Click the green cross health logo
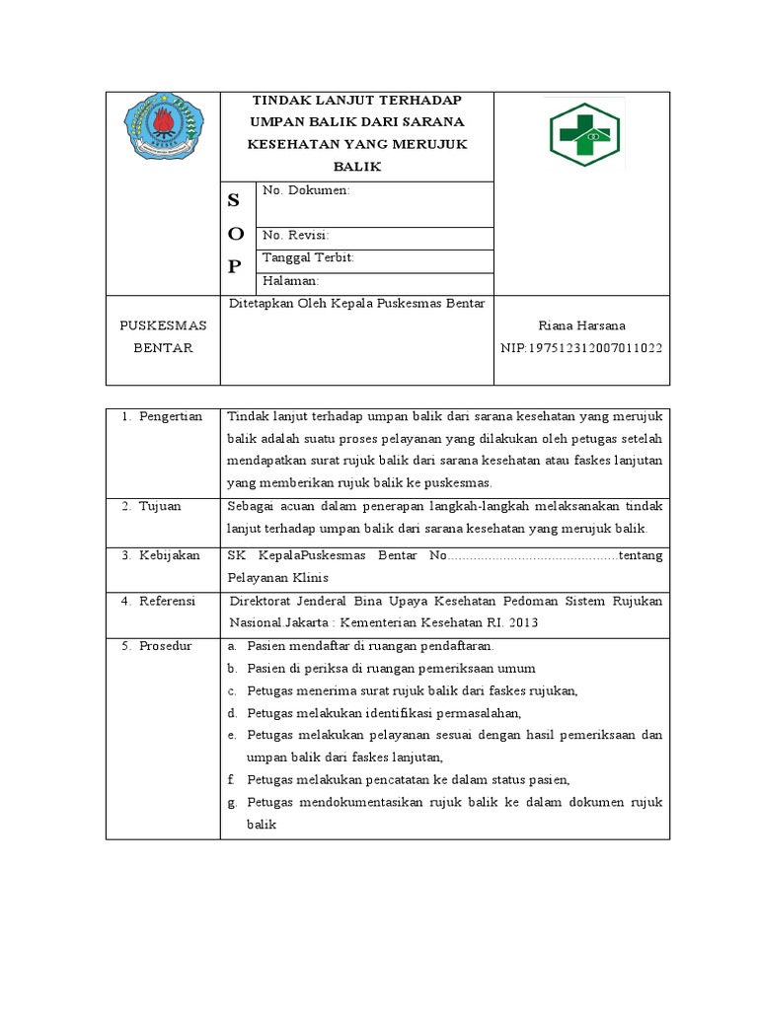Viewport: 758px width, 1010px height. [582, 134]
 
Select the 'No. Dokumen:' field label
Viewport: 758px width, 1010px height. [307, 190]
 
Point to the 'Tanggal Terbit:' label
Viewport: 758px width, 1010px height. [308, 258]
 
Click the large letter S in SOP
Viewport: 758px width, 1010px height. [234, 201]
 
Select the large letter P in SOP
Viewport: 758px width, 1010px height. [234, 266]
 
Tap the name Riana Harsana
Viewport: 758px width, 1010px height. [581, 325]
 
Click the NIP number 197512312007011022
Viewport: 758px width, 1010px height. [581, 349]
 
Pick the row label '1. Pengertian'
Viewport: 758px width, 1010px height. [162, 416]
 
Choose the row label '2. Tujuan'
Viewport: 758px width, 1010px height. [155, 506]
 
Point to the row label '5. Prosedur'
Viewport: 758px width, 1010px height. [159, 646]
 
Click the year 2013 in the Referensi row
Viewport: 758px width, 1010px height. [524, 622]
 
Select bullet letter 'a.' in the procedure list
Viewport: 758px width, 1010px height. [231, 646]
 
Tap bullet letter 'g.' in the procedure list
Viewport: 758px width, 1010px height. [231, 802]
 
